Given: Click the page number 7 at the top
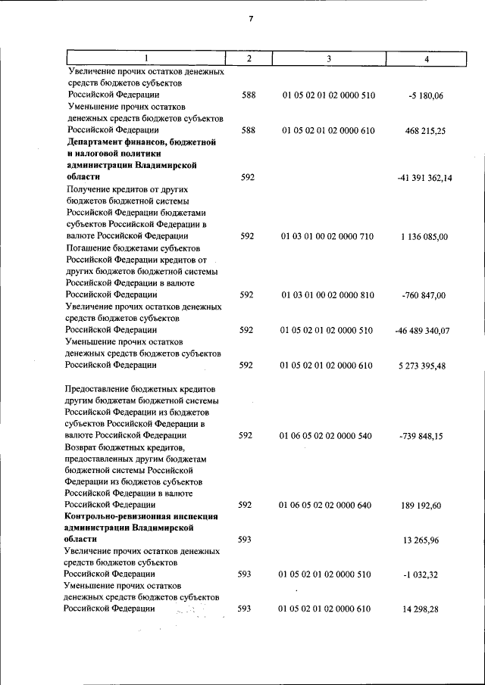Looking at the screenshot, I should tap(249, 19).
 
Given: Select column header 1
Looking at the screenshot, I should tap(146, 59).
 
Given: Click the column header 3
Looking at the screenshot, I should tap(328, 59).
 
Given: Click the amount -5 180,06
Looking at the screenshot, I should tap(425, 96).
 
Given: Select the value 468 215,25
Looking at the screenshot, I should tap(425, 131).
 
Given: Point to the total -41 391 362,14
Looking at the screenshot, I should tap(424, 178).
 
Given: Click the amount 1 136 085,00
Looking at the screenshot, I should tap(425, 237).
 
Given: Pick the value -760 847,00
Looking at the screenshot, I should tap(425, 295).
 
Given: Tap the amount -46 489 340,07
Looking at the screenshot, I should tap(423, 331).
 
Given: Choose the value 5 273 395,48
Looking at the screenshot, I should tap(425, 366).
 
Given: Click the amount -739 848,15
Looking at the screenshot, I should tap(425, 436).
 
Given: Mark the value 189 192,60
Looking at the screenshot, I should tap(425, 505).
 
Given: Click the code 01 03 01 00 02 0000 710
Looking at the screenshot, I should tap(328, 237).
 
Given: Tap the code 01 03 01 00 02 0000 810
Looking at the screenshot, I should tap(328, 295).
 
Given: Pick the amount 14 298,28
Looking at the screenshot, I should tap(427, 609).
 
